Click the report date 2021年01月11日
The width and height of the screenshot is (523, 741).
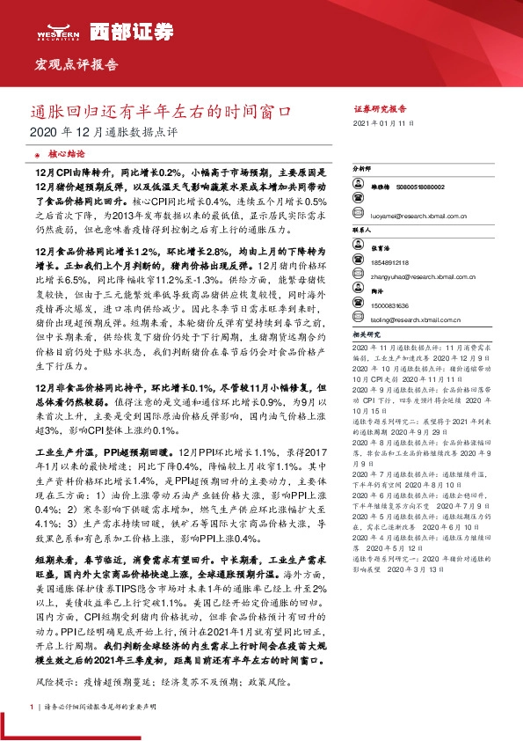point(381,125)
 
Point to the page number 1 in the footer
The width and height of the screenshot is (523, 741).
point(33,706)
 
